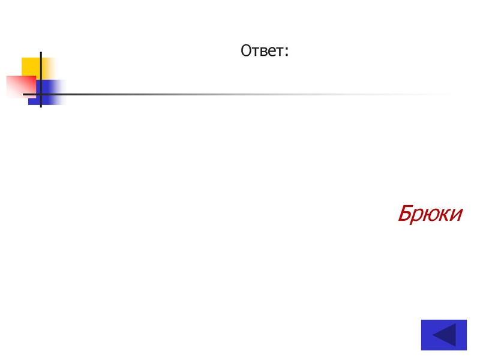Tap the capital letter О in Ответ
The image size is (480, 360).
tap(246, 51)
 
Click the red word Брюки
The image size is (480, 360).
tap(430, 214)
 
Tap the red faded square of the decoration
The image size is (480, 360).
tap(21, 87)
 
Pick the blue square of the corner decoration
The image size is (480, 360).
tap(47, 92)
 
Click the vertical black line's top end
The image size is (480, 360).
tap(41, 52)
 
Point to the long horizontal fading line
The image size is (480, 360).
tap(237, 94)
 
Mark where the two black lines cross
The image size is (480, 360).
tap(41, 94)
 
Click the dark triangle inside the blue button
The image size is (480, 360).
tap(444, 335)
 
